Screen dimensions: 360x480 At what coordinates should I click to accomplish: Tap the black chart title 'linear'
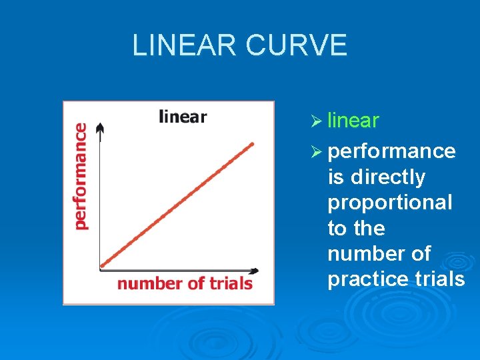point(183,117)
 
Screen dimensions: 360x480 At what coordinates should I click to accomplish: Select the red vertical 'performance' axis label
point(81,177)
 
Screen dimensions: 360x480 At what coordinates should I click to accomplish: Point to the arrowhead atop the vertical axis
point(100,127)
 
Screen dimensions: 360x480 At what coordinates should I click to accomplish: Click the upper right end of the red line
point(253,143)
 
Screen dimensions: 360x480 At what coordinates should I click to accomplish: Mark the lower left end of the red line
point(101,267)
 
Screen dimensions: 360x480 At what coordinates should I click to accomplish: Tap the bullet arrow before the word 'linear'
point(317,121)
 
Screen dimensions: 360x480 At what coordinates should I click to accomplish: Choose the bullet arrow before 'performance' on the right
point(317,152)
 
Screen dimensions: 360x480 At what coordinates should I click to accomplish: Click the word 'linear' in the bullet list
point(353,121)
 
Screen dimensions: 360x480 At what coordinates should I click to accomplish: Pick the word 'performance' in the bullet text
point(391,152)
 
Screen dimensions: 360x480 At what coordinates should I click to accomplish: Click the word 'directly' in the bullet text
point(386,177)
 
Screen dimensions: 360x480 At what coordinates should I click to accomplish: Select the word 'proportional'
point(389,203)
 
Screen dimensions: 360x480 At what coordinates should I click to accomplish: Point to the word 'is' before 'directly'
point(335,177)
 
